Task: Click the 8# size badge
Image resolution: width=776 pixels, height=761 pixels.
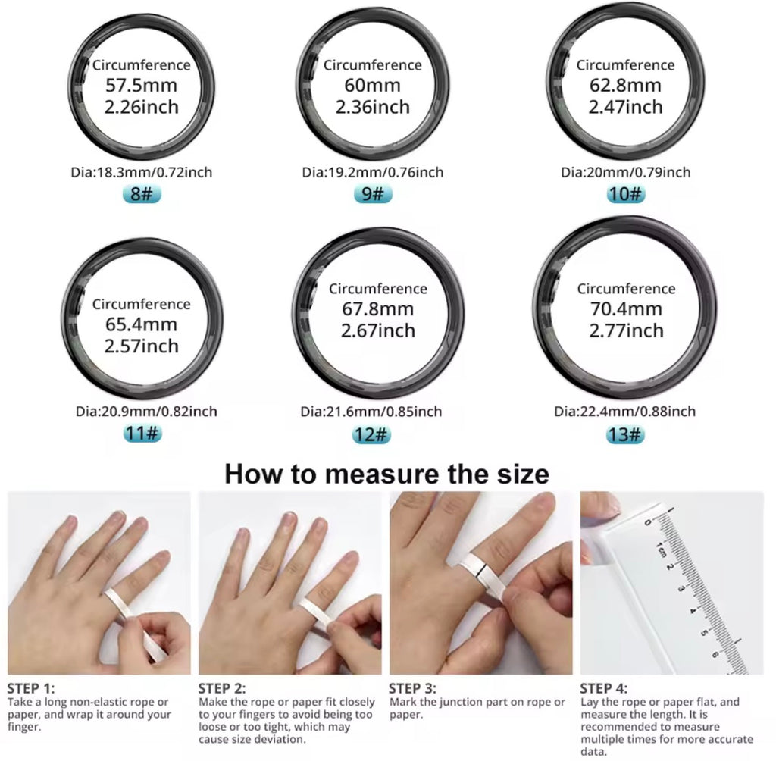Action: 142,194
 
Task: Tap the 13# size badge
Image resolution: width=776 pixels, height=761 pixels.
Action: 625,435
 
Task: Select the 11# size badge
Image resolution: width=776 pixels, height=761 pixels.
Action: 142,435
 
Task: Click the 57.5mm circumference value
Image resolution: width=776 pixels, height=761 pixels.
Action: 142,86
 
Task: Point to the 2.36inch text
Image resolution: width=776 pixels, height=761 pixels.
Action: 372,107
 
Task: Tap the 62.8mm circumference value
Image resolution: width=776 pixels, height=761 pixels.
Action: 625,86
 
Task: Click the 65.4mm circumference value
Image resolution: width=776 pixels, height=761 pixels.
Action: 142,325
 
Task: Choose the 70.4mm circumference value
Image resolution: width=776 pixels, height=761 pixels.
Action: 625,309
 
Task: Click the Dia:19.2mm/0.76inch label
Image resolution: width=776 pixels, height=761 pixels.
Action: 372,172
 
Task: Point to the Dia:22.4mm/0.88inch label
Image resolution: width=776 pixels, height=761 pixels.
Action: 625,412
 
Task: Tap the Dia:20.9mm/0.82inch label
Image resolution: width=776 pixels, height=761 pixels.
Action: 146,412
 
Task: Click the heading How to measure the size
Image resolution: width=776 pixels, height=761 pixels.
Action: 386,474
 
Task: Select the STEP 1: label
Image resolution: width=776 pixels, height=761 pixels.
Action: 31,688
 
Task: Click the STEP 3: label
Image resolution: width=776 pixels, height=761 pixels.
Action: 412,688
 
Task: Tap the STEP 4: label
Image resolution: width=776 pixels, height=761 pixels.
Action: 604,688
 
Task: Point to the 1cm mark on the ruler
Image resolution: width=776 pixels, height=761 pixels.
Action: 661,548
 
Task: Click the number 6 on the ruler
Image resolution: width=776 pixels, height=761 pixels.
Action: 716,653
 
